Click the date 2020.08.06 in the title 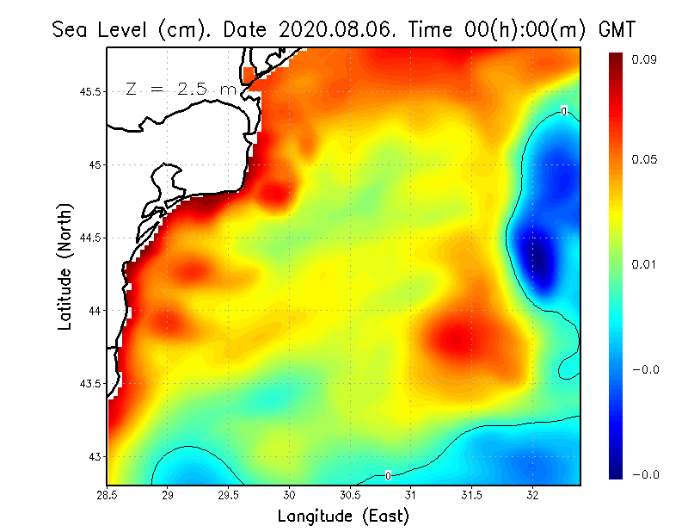(333, 28)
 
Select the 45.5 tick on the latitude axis (89, 91)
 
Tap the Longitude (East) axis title (343, 516)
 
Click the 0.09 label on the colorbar (646, 59)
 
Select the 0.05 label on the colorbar (646, 159)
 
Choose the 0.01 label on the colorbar (646, 264)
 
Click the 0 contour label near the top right (563, 111)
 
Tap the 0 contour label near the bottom (389, 475)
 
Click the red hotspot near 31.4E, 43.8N (456, 338)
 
